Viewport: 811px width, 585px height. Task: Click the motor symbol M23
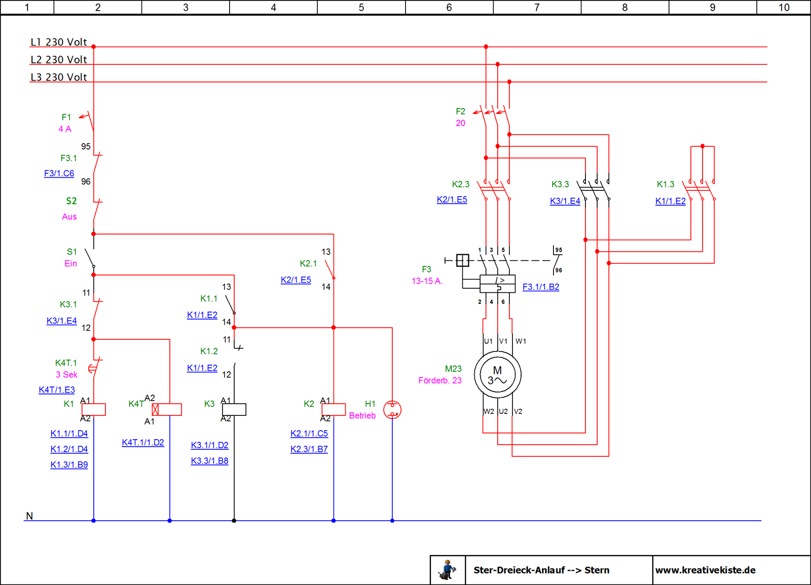click(x=497, y=374)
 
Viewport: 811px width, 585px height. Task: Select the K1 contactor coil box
click(x=94, y=410)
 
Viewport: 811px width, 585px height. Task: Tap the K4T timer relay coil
click(x=167, y=410)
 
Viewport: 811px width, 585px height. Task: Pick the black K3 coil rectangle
click(x=234, y=410)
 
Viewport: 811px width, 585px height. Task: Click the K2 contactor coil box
click(x=334, y=410)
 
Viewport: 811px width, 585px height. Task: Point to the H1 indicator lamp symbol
click(x=392, y=410)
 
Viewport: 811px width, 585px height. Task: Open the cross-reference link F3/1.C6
click(x=59, y=173)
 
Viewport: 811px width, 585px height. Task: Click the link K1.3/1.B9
click(x=69, y=464)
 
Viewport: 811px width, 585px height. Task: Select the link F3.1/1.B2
click(x=541, y=287)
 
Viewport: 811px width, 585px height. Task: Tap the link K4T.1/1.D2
click(x=143, y=443)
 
